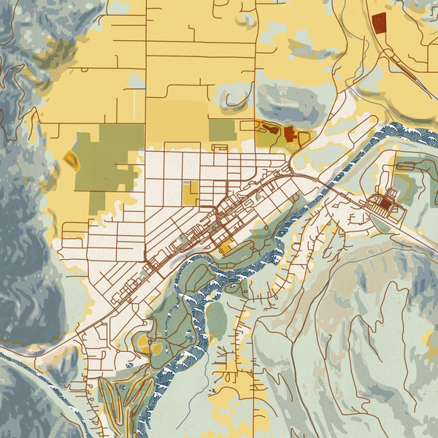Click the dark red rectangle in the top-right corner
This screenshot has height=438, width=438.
[378, 23]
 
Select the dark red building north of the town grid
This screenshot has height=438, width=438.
[289, 134]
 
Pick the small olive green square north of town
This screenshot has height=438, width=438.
[222, 130]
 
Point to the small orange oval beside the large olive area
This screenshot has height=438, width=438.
[72, 160]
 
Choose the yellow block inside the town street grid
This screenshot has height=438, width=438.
[190, 193]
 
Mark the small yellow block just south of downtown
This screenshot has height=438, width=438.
[224, 248]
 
